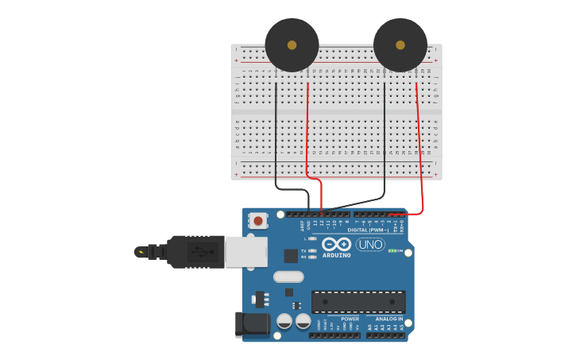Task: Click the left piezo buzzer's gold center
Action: [x=292, y=45]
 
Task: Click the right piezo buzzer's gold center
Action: [x=400, y=45]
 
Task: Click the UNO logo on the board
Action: [x=370, y=245]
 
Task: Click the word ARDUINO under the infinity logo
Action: [x=337, y=255]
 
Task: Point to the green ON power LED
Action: [x=391, y=250]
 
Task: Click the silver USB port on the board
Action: [x=245, y=251]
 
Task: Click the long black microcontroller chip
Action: [x=358, y=301]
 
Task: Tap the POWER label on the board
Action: [x=350, y=319]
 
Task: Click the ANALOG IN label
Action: [x=389, y=319]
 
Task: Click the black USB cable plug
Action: [x=195, y=251]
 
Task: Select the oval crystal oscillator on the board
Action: [x=288, y=277]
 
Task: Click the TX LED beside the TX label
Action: [x=313, y=250]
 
